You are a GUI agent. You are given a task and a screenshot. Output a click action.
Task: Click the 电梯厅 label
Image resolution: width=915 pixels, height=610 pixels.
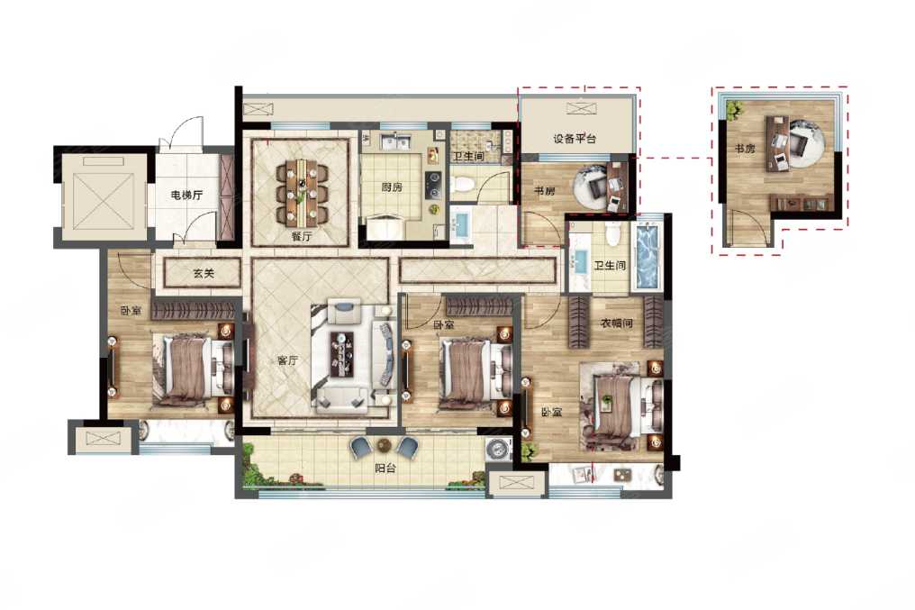pyautogui.click(x=186, y=195)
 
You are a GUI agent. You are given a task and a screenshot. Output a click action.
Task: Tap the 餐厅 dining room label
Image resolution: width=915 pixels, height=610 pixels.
pyautogui.click(x=303, y=236)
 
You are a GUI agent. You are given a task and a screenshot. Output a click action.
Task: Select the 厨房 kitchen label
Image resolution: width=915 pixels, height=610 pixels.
pyautogui.click(x=392, y=187)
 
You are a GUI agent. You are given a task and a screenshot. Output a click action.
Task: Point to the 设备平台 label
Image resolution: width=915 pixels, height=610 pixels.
pyautogui.click(x=575, y=139)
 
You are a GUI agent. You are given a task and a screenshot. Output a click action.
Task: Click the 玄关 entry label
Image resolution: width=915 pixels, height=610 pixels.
pyautogui.click(x=204, y=273)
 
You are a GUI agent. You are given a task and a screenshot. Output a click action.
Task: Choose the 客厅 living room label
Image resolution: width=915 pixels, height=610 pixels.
pyautogui.click(x=287, y=360)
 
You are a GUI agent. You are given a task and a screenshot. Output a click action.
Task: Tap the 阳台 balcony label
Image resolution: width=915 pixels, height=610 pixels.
pyautogui.click(x=385, y=468)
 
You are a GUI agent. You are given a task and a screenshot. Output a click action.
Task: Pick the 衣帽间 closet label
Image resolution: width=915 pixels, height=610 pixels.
pyautogui.click(x=617, y=323)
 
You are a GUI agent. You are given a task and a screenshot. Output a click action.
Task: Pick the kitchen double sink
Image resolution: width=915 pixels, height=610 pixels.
pyautogui.click(x=396, y=141)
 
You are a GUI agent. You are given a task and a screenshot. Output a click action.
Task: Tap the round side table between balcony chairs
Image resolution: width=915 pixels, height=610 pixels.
pyautogui.click(x=384, y=445)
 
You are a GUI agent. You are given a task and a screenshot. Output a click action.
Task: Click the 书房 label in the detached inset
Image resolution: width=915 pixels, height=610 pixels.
pyautogui.click(x=744, y=149)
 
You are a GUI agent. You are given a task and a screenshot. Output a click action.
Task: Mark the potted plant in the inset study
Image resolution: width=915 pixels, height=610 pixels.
pyautogui.click(x=733, y=108)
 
